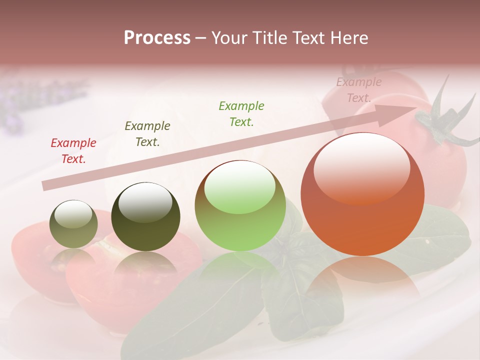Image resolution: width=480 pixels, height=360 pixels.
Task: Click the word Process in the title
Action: pyautogui.click(x=157, y=38)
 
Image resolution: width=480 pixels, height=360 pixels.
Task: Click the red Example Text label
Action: pyautogui.click(x=73, y=150)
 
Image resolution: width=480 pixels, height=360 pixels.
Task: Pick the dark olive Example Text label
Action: pyautogui.click(x=147, y=133)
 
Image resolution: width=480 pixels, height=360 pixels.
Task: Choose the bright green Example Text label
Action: pyautogui.click(x=241, y=113)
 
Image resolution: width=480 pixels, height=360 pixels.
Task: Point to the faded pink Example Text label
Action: pyautogui.click(x=358, y=90)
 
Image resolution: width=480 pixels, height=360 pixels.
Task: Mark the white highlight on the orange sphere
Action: pyautogui.click(x=361, y=167)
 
